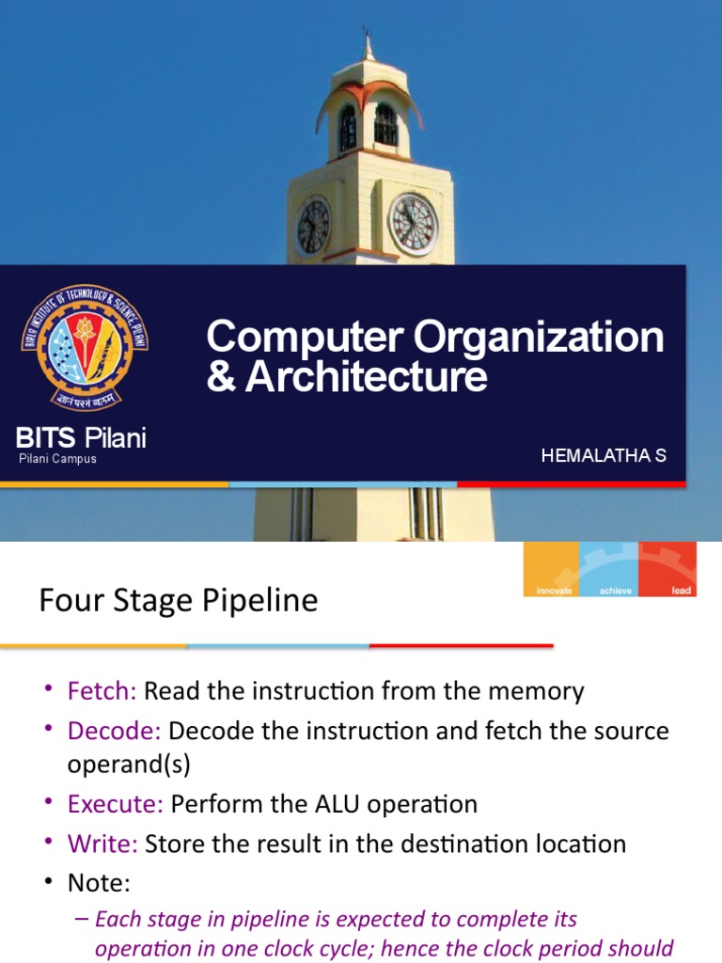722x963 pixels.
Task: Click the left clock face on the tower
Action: click(x=313, y=227)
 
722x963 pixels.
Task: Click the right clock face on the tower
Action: click(x=414, y=225)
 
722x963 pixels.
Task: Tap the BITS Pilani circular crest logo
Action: click(x=85, y=349)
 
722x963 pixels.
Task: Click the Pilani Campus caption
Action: click(x=57, y=459)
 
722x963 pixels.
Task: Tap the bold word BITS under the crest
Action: click(x=46, y=437)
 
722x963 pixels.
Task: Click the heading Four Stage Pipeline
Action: click(x=179, y=600)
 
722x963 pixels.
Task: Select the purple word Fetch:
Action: click(x=102, y=691)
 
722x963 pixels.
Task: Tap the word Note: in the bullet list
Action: click(x=99, y=883)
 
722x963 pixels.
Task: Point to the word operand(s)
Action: click(x=129, y=765)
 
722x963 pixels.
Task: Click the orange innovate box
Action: click(x=552, y=569)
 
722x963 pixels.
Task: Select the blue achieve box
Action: click(x=609, y=569)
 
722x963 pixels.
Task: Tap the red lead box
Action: click(x=667, y=569)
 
